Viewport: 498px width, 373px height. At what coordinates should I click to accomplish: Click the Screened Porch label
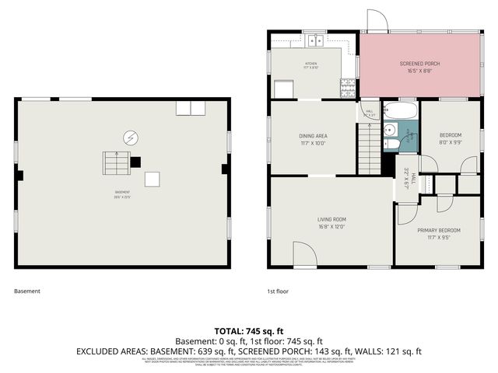click(420, 63)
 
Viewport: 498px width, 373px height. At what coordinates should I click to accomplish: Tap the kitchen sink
click(314, 40)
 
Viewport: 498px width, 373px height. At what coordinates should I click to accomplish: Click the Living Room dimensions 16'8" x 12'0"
click(331, 227)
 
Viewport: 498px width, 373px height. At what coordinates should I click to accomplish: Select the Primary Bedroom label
click(438, 230)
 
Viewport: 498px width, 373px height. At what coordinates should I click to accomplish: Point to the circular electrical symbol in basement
click(130, 138)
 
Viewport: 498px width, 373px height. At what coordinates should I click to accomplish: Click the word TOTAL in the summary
click(230, 330)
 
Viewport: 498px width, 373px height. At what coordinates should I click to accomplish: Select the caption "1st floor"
click(277, 291)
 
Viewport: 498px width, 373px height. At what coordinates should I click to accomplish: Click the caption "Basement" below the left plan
click(27, 291)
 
